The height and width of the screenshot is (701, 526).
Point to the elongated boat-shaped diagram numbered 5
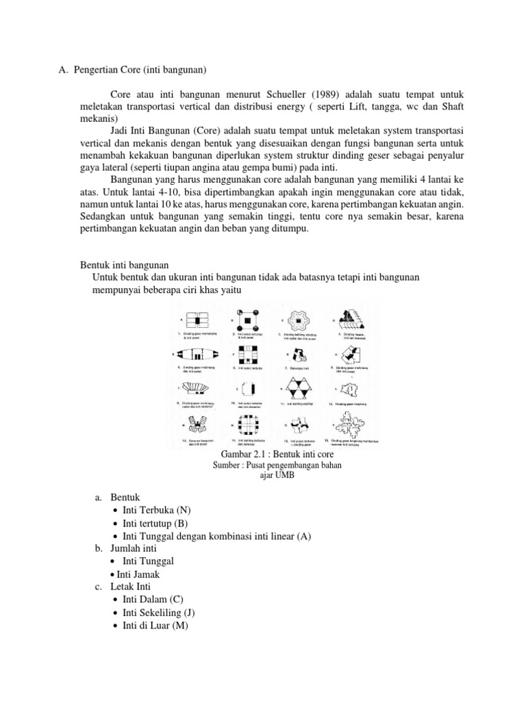(197, 355)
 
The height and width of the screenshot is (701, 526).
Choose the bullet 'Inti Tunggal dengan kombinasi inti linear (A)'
(216, 536)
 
